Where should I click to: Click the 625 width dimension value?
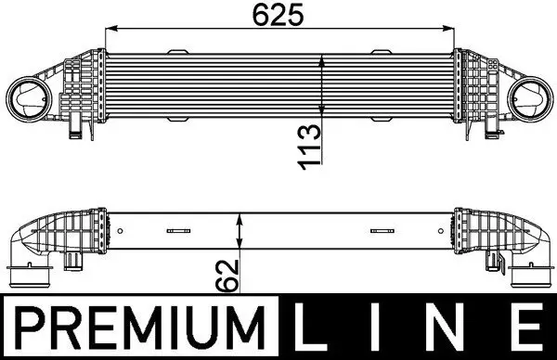tap(278, 16)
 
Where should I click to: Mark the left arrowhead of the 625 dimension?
tap(110, 29)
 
